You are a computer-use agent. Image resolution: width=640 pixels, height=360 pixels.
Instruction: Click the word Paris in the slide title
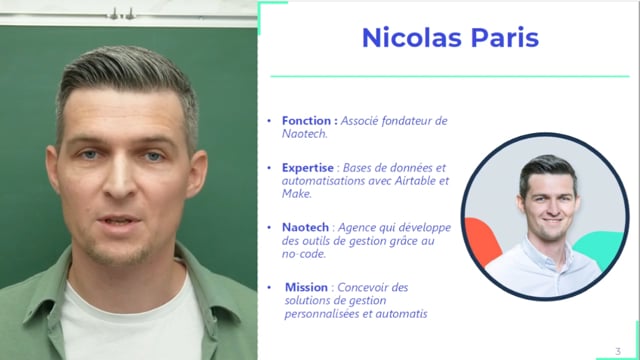[x=502, y=38]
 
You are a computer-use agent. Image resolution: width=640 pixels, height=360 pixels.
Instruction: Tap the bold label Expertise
[x=308, y=168]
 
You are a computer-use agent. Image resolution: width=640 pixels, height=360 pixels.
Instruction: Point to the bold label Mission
[x=306, y=288]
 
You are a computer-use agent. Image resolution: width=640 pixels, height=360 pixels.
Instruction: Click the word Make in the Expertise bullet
[x=297, y=194]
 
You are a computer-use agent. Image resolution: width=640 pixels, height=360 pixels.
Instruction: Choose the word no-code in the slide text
[x=304, y=254]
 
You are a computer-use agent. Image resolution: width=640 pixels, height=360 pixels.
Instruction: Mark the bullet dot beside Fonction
[x=268, y=121]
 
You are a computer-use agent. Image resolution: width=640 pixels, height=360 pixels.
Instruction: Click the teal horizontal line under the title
[x=450, y=76]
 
